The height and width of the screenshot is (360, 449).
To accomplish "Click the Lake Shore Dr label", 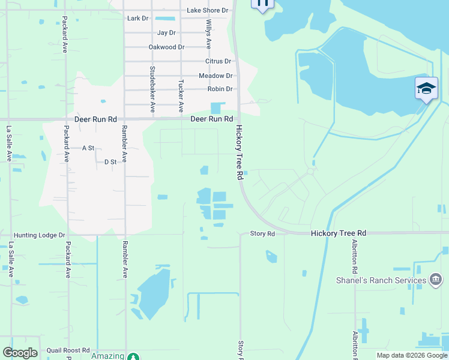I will (x=208, y=10).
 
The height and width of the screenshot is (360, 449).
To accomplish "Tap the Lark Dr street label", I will (x=138, y=19).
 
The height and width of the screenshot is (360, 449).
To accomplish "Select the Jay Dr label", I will (x=166, y=32).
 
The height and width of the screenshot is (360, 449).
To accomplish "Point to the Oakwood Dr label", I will (x=166, y=47).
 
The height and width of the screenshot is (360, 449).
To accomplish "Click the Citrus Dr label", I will (x=218, y=61).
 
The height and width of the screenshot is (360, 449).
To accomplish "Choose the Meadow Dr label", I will (x=215, y=76).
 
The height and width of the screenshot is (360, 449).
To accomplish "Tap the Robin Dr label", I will (x=220, y=89).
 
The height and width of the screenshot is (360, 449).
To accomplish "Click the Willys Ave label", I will (x=209, y=34).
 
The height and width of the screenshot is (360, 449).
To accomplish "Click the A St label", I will (x=88, y=148).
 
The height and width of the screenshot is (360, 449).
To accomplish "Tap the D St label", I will (x=110, y=162).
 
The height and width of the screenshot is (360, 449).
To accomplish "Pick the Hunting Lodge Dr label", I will (x=39, y=236).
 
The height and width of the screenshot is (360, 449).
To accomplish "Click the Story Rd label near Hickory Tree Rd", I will (x=262, y=233).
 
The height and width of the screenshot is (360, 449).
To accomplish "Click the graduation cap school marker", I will (x=426, y=88).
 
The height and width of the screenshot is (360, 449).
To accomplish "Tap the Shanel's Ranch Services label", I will (x=381, y=280).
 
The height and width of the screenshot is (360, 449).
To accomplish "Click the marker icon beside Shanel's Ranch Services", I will (x=436, y=279).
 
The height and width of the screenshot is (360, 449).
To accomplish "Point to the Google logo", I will (x=20, y=353).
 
